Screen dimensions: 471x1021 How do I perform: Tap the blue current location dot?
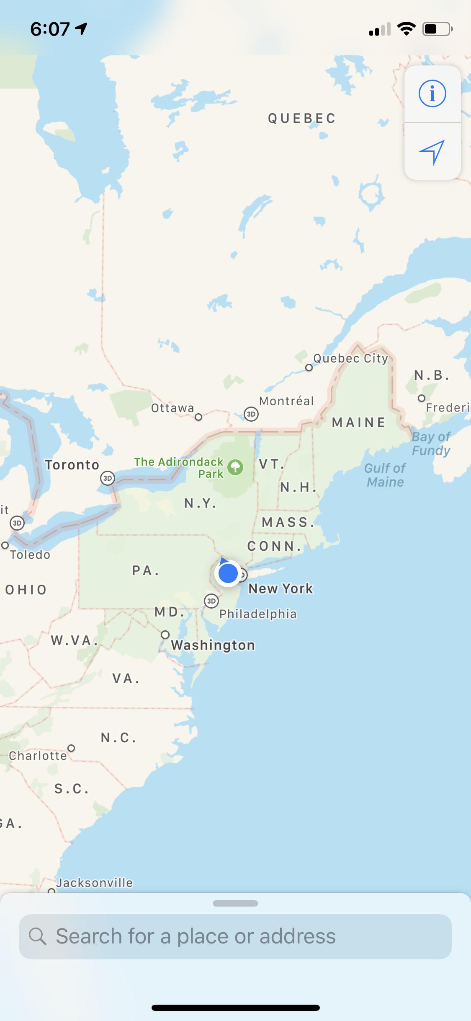tap(228, 573)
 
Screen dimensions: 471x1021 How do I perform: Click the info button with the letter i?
tap(432, 93)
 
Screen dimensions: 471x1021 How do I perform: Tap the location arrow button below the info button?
tap(432, 152)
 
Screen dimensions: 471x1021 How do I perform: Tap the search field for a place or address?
tap(235, 936)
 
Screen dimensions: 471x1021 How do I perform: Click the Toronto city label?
tap(72, 465)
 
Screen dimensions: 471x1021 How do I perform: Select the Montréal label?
tap(286, 401)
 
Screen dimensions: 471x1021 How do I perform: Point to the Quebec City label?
tap(350, 358)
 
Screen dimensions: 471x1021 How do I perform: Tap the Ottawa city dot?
tap(198, 417)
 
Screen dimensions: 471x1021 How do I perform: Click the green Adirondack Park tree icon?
tap(235, 467)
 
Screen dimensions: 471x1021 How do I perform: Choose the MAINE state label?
tap(359, 422)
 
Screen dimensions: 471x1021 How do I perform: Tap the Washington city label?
tap(213, 645)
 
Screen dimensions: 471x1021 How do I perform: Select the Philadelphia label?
tap(258, 614)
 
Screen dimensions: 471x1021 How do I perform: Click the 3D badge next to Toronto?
tap(108, 478)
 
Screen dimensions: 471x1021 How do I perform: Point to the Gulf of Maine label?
tap(385, 475)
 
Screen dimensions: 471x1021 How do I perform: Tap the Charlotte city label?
tap(38, 756)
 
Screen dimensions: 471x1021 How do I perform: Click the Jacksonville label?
tap(95, 883)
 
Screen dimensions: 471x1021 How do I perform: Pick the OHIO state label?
tap(26, 590)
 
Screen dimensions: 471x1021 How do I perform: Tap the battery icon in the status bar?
tap(437, 29)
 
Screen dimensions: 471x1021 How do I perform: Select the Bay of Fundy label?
tap(431, 443)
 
